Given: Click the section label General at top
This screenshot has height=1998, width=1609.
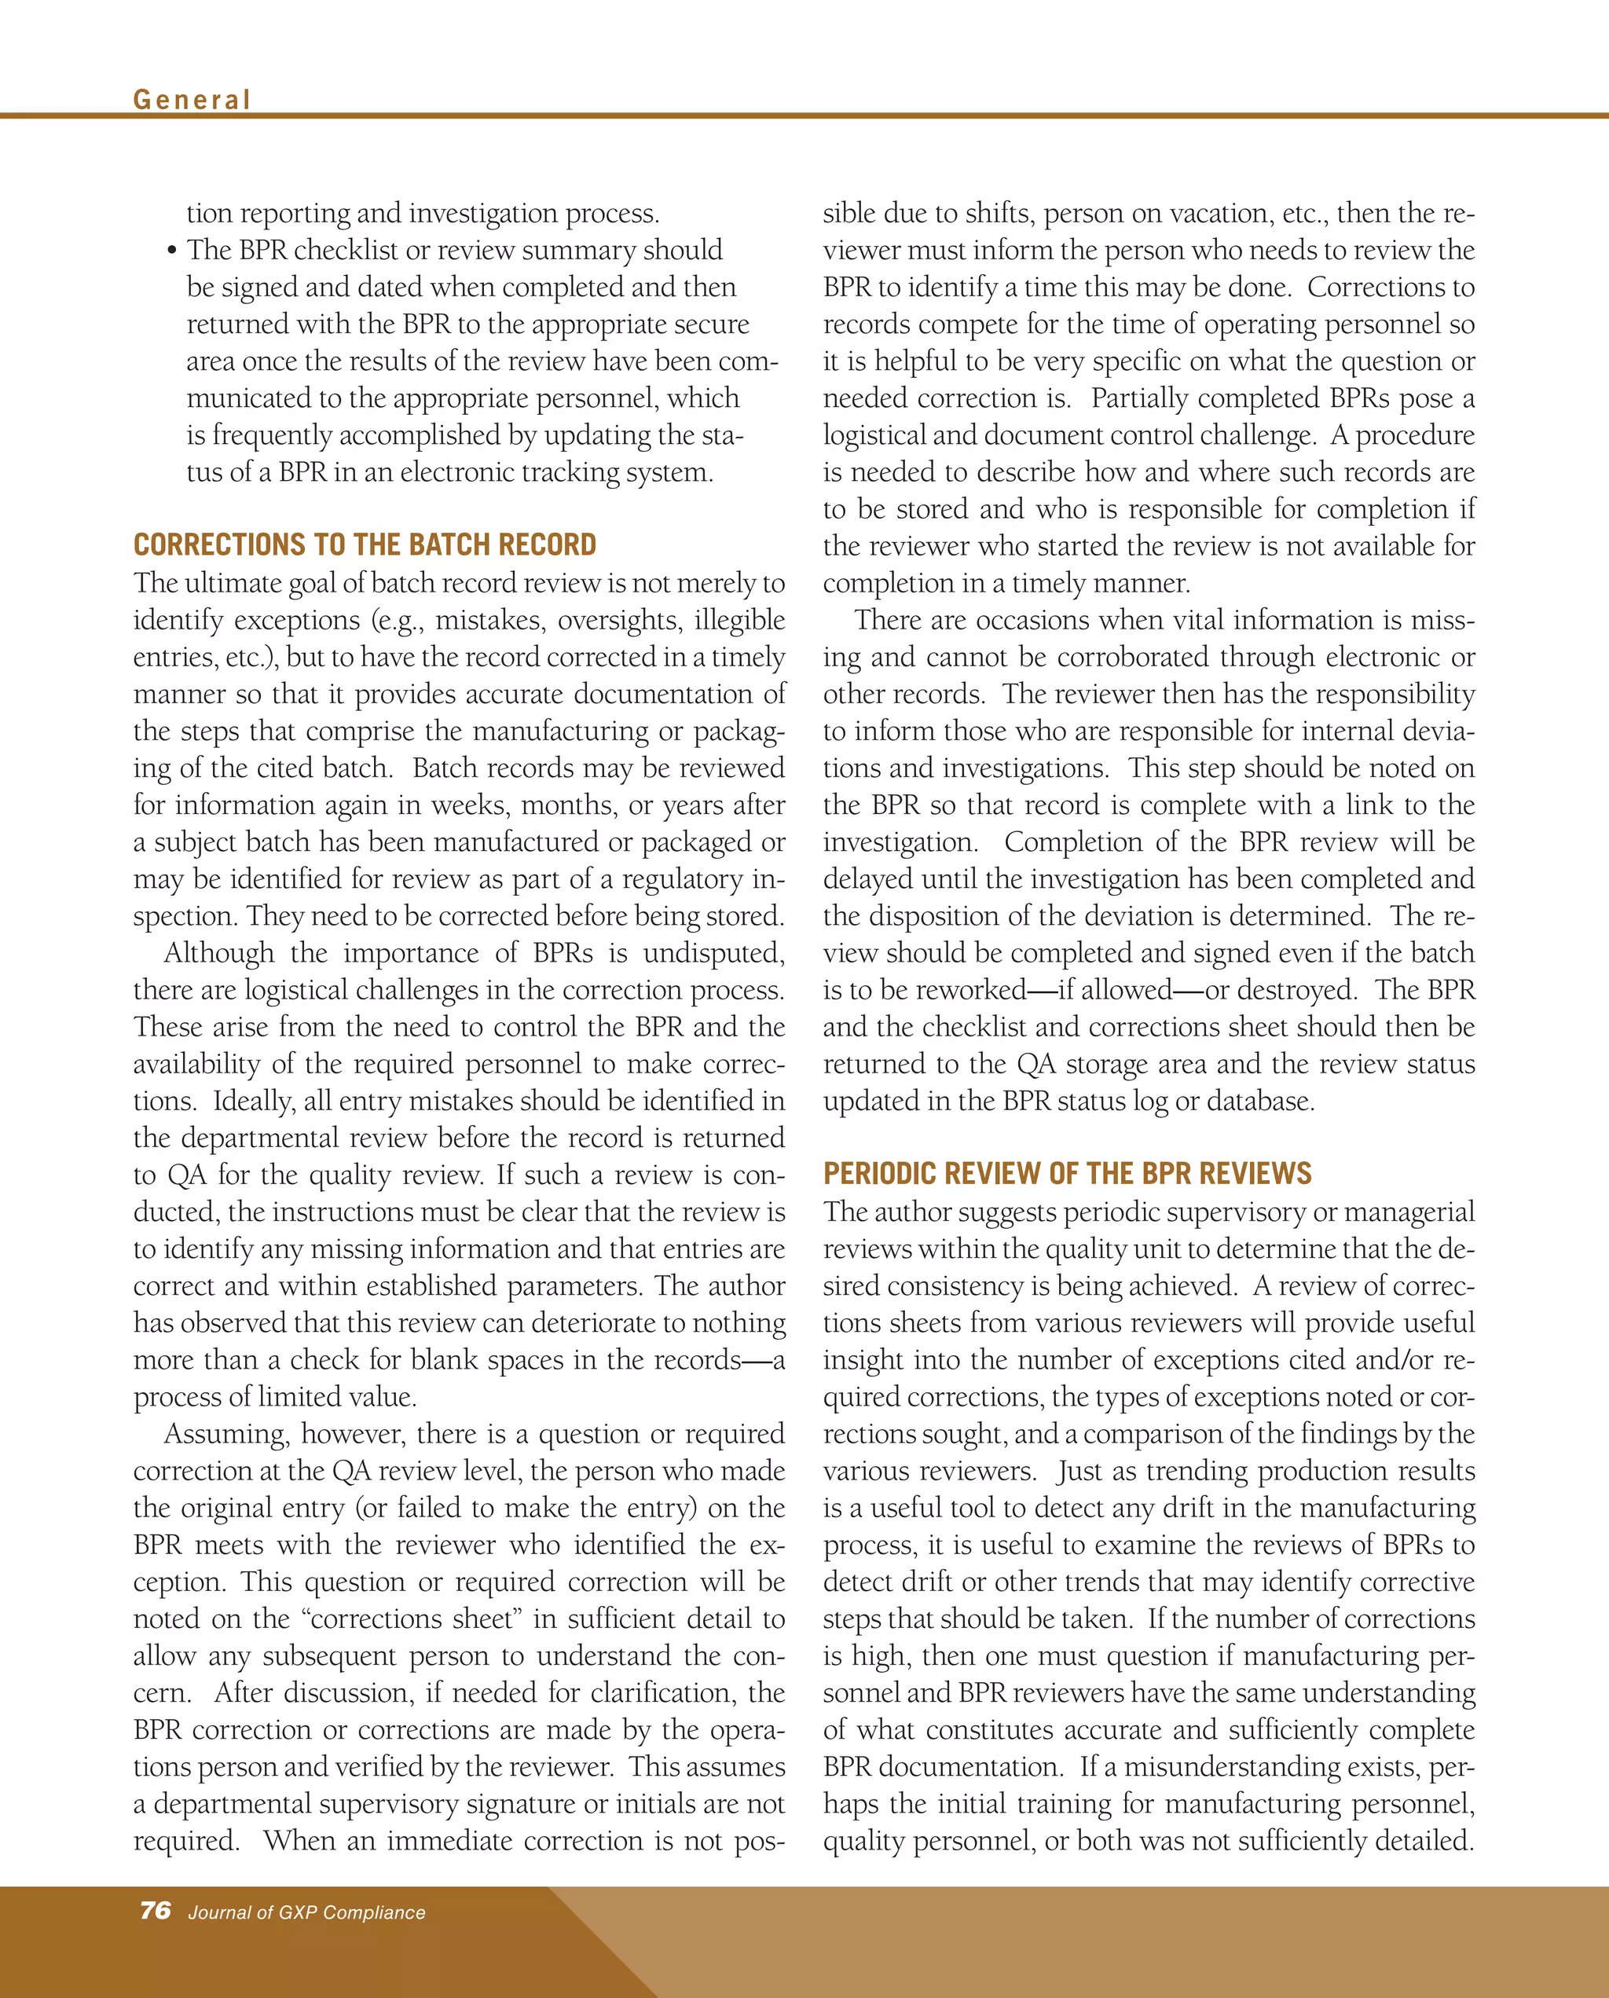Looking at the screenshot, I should click(192, 99).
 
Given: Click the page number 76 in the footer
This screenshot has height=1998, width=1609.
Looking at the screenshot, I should click(155, 1910).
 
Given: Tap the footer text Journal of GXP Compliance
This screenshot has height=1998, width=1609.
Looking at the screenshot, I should click(306, 1912).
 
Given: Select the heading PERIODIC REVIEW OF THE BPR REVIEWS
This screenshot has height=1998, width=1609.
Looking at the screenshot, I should click(1067, 1173).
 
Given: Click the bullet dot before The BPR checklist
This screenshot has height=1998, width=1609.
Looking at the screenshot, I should click(171, 251).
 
